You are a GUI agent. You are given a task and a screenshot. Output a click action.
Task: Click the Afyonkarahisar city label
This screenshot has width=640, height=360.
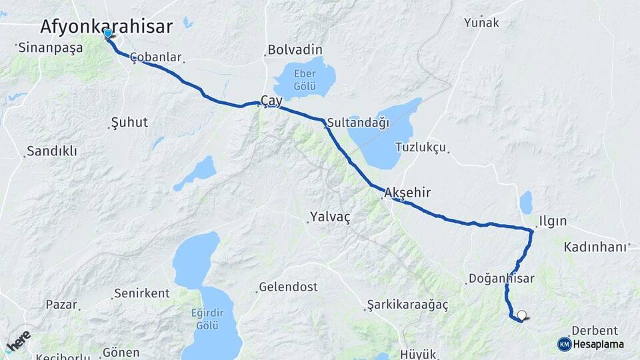click(x=106, y=26)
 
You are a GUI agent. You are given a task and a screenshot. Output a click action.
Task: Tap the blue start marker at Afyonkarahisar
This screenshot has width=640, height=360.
click(x=108, y=33)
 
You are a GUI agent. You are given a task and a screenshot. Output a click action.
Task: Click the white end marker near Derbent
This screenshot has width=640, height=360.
click(x=522, y=315)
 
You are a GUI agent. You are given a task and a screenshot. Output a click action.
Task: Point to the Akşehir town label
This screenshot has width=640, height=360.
click(x=407, y=193)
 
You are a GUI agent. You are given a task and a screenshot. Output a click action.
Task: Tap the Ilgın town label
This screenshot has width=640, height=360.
click(x=553, y=221)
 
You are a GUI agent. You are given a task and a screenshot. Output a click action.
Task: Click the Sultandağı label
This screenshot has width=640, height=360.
click(x=358, y=123)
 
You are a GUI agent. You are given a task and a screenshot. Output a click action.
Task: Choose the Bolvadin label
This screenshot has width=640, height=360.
click(x=295, y=50)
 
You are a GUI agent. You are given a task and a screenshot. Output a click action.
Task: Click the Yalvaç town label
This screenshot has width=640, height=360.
click(x=329, y=217)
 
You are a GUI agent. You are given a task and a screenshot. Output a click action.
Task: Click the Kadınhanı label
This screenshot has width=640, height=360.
click(x=595, y=247)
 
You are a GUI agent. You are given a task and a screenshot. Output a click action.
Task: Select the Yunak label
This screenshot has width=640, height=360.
click(x=481, y=23)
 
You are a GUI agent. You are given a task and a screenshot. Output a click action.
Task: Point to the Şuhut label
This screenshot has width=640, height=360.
click(x=129, y=123)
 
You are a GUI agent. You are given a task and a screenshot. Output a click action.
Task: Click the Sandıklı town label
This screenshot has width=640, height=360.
click(x=52, y=151)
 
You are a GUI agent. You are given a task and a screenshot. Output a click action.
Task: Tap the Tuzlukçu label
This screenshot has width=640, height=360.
click(x=420, y=147)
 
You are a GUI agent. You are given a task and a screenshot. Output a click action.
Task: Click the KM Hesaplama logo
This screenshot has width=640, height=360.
click(x=591, y=344)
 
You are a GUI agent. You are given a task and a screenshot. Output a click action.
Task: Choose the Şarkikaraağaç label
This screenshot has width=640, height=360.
click(x=407, y=305)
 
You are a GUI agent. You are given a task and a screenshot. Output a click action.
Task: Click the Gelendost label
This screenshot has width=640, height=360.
click(x=289, y=287)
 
